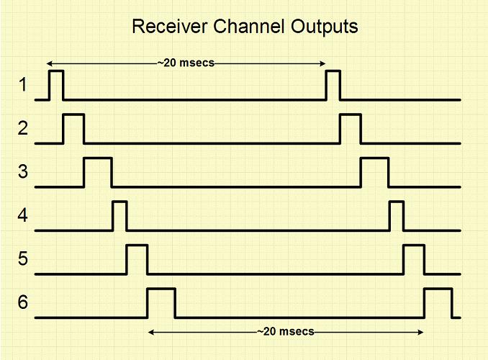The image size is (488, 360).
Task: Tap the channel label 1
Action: click(22, 86)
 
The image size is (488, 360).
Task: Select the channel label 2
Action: click(22, 130)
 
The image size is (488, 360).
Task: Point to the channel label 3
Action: click(22, 173)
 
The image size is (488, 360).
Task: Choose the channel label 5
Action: click(22, 259)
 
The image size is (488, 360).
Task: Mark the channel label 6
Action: click(22, 303)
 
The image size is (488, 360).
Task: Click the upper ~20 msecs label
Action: click(186, 63)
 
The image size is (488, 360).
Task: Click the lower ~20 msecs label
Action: click(286, 332)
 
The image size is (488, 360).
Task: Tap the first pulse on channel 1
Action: click(55, 85)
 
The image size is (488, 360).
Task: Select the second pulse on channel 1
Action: click(333, 85)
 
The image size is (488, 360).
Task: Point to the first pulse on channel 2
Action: click(73, 128)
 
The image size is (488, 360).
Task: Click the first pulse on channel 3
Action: click(98, 172)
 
